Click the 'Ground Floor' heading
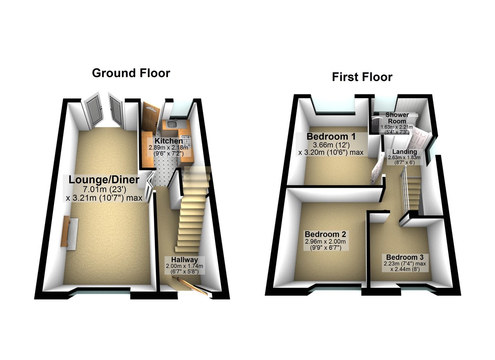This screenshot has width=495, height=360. coord(131,73)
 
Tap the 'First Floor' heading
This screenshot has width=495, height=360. coord(362,77)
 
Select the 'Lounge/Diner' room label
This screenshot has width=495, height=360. coord(104,180)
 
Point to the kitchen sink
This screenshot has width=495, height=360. coord(172,125)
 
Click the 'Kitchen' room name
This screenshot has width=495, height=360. coord(169,141)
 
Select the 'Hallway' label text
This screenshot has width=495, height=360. coord(184,259)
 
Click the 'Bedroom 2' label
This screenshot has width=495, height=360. coord(325,234)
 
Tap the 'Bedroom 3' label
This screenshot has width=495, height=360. coord(405,257)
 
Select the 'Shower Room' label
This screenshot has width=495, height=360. coord(397,118)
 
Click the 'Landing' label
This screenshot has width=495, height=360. coord(405,152)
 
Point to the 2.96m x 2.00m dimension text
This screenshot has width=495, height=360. coord(325,241)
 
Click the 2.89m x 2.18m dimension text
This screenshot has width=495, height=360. coord(169,147)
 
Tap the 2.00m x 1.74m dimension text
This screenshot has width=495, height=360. coord(184,266)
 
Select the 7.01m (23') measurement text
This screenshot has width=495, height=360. coord(104,189)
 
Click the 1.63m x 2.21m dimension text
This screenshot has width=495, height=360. coord(397,127)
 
